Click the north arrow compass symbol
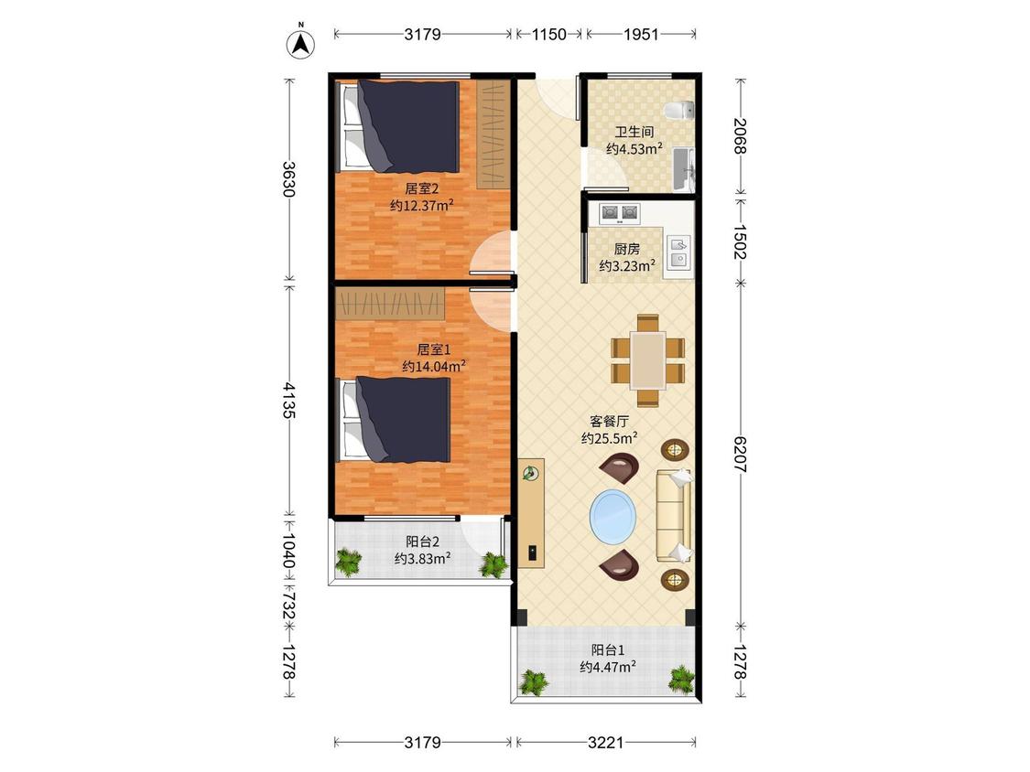[301, 43]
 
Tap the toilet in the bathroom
[679, 111]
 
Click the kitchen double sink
[678, 252]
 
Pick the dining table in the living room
[648, 359]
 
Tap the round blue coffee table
[613, 516]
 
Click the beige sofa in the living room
[674, 516]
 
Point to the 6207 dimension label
[741, 455]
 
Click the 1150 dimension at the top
[548, 34]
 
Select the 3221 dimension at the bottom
[605, 743]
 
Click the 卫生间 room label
[634, 132]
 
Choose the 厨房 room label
[626, 249]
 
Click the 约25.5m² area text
[610, 438]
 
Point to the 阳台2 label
[422, 541]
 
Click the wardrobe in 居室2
[493, 134]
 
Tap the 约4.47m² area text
[608, 667]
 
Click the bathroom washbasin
[683, 170]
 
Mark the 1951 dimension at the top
[641, 34]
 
